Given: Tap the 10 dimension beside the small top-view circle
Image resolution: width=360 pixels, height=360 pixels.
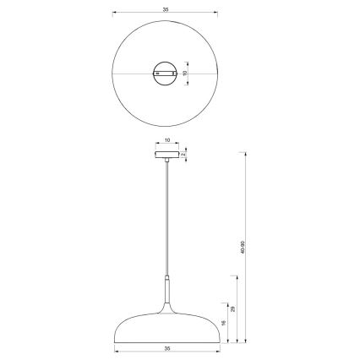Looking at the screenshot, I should [x=185, y=74].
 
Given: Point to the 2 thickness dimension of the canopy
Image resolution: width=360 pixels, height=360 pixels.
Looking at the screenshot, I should [x=183, y=155].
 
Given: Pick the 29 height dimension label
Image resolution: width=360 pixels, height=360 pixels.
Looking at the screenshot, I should [x=232, y=310].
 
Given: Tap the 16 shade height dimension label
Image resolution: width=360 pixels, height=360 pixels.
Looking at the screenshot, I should [x=222, y=322].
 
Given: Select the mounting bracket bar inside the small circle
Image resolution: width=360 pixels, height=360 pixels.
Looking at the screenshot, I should [x=166, y=74].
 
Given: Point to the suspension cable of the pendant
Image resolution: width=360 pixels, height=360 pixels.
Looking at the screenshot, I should [x=166, y=220].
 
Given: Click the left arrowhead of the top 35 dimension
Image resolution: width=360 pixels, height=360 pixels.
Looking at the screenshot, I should [x=115, y=12].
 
